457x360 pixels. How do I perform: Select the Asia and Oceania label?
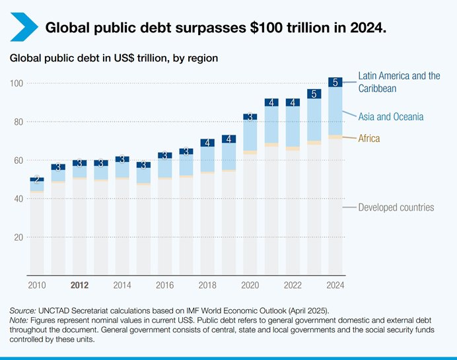[x=391, y=117]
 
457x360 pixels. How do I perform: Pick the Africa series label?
[x=369, y=138]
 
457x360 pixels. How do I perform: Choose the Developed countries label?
[x=396, y=207]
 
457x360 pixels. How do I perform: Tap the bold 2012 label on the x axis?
[x=79, y=285]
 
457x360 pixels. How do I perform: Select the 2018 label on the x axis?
[x=207, y=285]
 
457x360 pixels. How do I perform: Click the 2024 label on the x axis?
[x=335, y=285]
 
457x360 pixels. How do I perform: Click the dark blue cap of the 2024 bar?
[x=335, y=82]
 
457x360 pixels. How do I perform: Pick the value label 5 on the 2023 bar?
[x=314, y=94]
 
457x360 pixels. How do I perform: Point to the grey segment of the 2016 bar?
[x=165, y=225]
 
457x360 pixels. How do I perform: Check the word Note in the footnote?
[x=20, y=320]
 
